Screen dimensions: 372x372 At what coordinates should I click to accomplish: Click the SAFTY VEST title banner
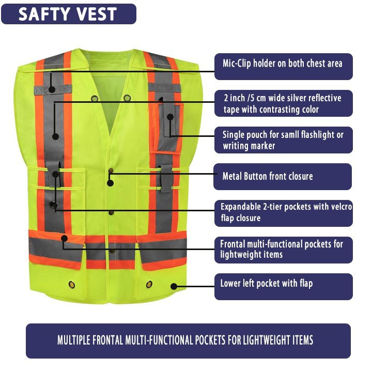(x=69, y=14)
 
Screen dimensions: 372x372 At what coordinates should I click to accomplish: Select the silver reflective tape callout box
(x=283, y=103)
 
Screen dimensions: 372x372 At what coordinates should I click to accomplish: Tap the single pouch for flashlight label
(x=283, y=140)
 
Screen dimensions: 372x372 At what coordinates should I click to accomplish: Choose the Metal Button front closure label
(x=283, y=177)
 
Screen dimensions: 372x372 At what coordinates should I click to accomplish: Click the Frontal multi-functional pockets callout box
(x=283, y=250)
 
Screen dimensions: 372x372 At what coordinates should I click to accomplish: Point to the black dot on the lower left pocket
(x=174, y=286)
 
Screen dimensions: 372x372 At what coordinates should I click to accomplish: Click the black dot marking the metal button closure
(x=110, y=182)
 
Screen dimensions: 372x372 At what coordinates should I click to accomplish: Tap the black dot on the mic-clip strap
(x=52, y=89)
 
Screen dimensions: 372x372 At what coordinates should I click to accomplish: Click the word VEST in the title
(x=96, y=14)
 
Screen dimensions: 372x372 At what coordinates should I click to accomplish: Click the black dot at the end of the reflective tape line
(x=55, y=137)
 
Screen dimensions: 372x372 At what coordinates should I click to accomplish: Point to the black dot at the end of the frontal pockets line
(x=64, y=238)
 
